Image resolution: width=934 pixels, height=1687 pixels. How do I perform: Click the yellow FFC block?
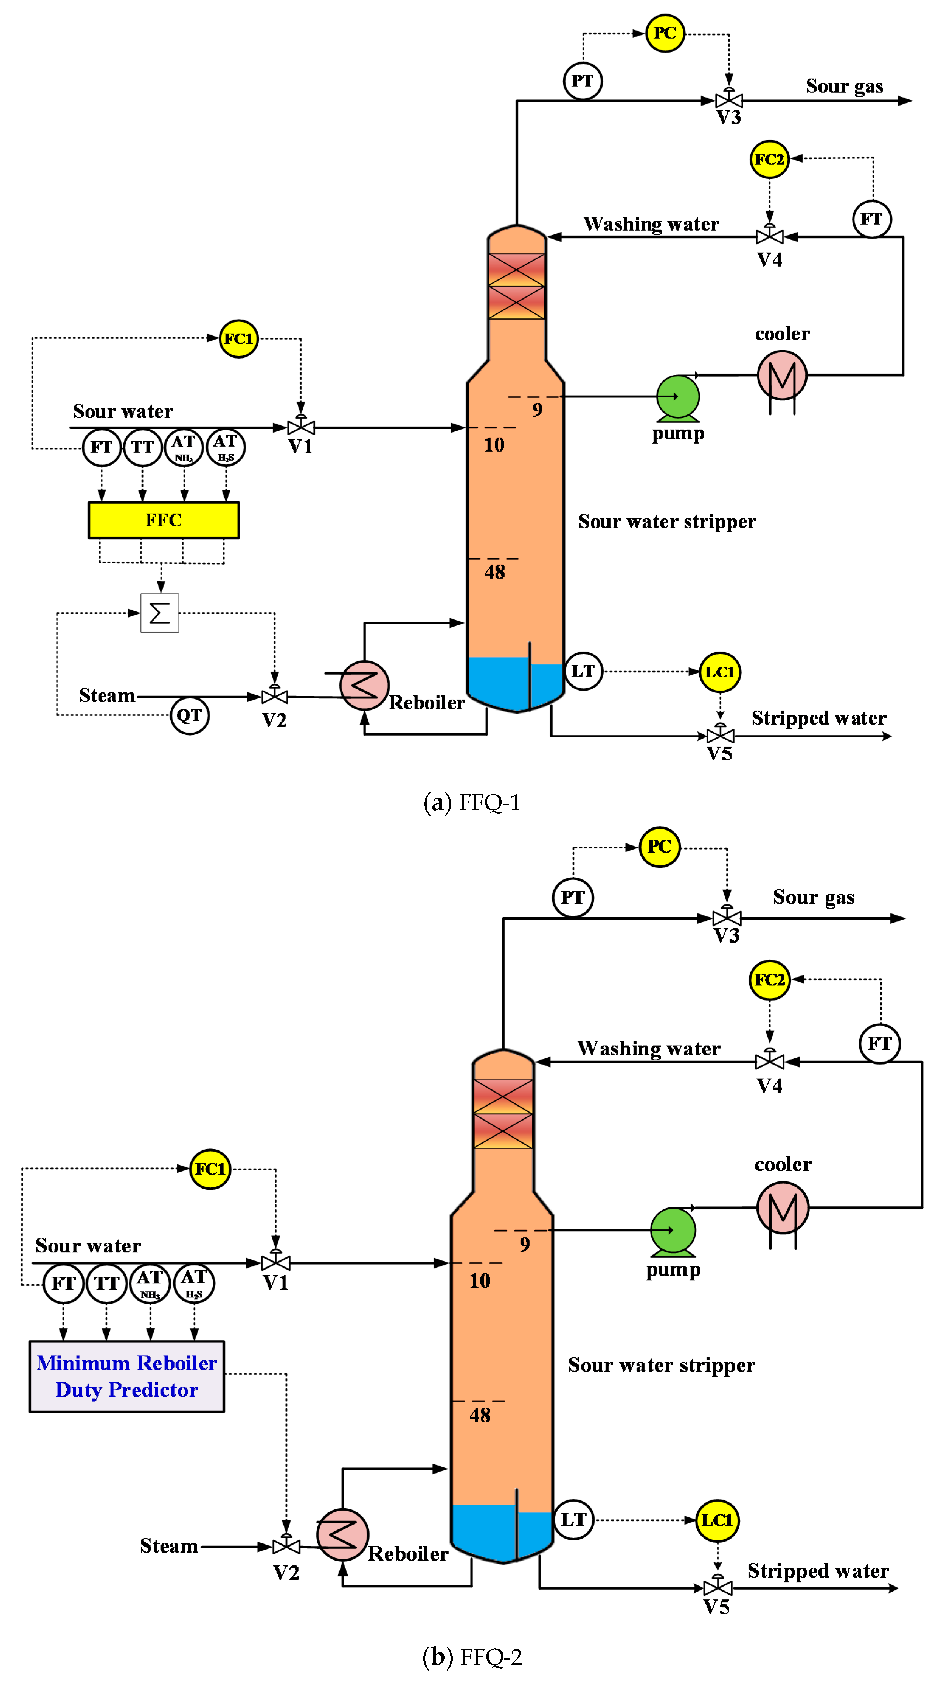point(164,520)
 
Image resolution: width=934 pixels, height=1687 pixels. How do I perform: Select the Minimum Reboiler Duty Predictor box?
point(126,1377)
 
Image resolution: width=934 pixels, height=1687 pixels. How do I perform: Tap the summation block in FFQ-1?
point(160,613)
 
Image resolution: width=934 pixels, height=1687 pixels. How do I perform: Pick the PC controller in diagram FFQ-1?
point(665,33)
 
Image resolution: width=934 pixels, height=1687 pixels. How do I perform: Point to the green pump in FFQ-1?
point(678,397)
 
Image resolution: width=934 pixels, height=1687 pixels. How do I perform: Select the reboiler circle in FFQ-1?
point(364,685)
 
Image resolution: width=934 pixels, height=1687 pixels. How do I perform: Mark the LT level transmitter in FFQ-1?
point(583,671)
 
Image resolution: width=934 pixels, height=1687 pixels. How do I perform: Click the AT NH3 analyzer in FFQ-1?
point(184,447)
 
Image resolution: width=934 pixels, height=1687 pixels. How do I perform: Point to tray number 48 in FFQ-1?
point(494,572)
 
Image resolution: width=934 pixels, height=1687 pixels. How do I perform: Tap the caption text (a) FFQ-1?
point(472,802)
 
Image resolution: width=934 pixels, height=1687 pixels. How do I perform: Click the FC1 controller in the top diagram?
point(238,338)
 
